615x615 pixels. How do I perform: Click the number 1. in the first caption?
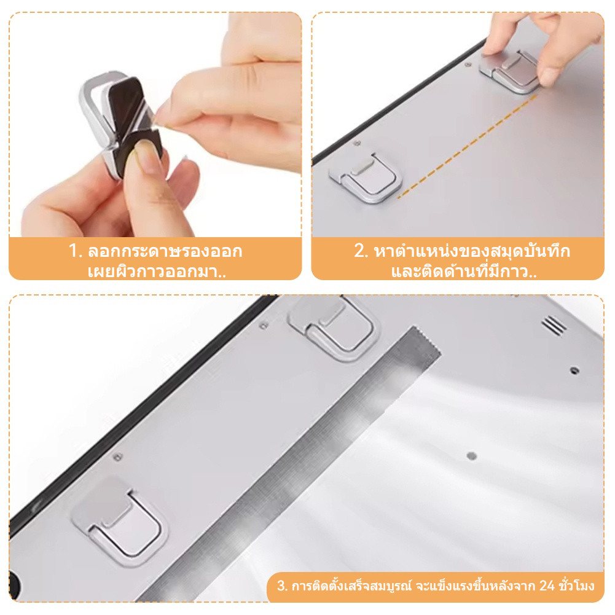pos(76,251)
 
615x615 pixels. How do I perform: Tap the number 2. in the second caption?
pos(361,251)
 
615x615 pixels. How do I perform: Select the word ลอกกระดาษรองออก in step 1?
pos(165,251)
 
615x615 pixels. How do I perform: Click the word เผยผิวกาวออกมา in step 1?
pos(153,272)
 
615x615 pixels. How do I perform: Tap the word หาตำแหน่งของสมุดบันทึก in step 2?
pos(472,251)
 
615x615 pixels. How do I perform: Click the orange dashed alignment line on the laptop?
pos(468,146)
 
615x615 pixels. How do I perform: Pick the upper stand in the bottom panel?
pos(334,327)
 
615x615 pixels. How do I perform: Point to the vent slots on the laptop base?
pos(554,325)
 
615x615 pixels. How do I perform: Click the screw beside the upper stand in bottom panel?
pos(264,325)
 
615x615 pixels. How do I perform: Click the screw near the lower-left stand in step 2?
pos(357,143)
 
